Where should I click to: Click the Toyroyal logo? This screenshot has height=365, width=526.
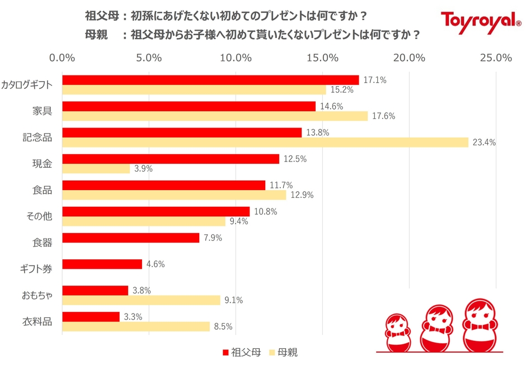(481, 21)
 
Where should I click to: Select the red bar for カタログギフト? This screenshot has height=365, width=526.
(210, 80)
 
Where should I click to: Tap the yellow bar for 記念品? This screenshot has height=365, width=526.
(265, 143)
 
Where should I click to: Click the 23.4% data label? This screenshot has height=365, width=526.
(484, 143)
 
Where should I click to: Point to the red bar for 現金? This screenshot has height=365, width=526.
(171, 159)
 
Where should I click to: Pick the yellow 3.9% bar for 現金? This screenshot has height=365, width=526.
(96, 169)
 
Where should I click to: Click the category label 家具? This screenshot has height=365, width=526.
(43, 111)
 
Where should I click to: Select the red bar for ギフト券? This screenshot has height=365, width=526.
(102, 264)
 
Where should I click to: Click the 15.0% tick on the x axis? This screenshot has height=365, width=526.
(323, 58)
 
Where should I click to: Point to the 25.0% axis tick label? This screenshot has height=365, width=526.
(496, 58)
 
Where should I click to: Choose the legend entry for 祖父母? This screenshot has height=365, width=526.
(241, 352)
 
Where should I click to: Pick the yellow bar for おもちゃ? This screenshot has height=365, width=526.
(141, 300)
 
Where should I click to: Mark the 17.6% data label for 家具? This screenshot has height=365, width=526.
(384, 116)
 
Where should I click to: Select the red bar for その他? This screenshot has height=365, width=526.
(156, 211)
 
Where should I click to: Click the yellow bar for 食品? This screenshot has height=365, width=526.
(174, 195)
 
